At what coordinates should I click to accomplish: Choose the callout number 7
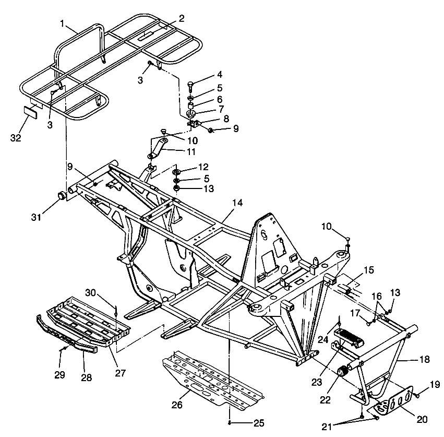(x=220, y=109)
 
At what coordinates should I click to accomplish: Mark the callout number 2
(x=181, y=18)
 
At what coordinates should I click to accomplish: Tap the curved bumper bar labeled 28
(x=68, y=337)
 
